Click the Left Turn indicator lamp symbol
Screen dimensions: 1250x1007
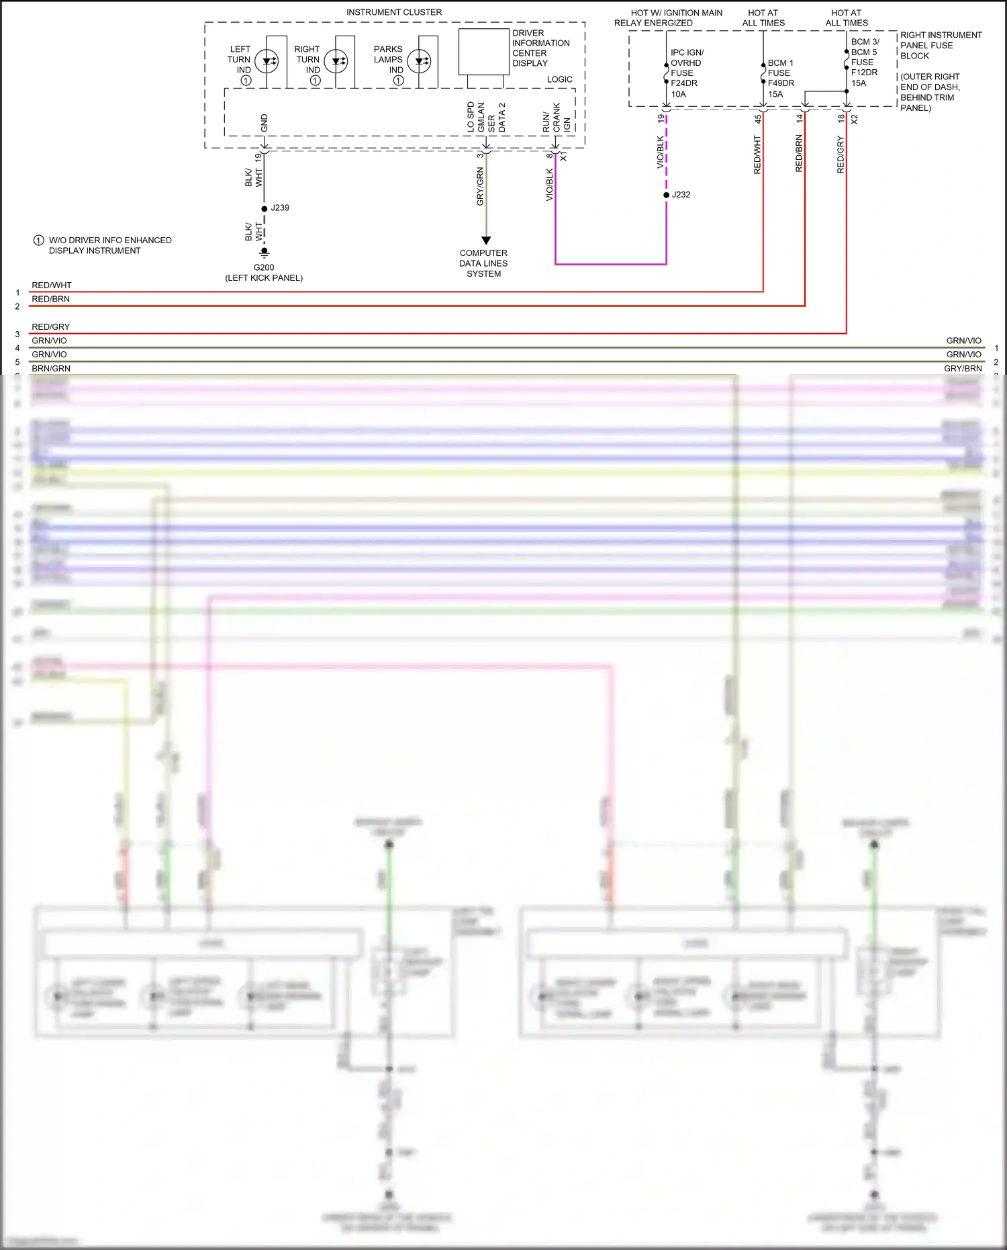point(267,61)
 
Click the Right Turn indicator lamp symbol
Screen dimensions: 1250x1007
point(336,61)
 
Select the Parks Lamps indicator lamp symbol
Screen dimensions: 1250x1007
point(420,61)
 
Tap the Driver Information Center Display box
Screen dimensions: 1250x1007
point(483,51)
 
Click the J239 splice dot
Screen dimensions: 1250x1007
point(265,208)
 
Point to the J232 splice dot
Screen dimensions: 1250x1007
point(667,195)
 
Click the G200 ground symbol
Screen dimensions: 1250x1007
point(265,253)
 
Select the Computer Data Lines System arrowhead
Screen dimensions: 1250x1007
point(486,240)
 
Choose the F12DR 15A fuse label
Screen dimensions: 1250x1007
point(864,77)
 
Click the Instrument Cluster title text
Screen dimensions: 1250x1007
point(394,12)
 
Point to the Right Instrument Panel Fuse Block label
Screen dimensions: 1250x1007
point(940,45)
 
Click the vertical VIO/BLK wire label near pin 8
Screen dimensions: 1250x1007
point(550,184)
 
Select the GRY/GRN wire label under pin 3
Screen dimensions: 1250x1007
point(479,187)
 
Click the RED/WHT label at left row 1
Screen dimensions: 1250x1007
point(52,285)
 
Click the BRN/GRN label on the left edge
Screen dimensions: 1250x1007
point(51,368)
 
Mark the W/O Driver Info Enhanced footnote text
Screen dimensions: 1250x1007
point(109,245)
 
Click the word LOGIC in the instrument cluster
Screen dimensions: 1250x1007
point(559,79)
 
